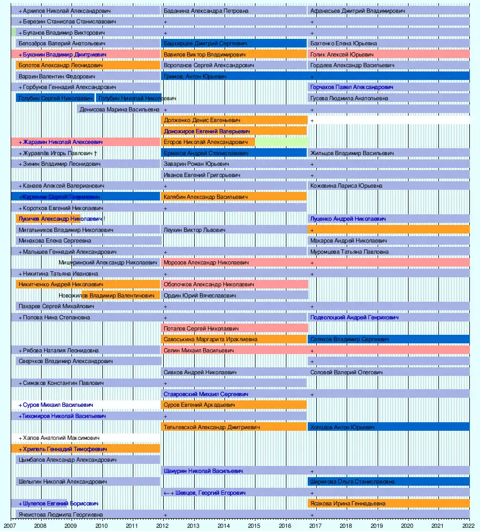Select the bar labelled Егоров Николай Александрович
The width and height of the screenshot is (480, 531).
208,142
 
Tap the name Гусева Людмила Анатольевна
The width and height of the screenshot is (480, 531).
349,99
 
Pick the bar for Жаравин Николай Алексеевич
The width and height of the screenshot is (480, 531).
85,142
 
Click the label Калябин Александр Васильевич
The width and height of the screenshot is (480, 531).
206,197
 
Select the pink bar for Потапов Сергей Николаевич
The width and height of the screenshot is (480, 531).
235,328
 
